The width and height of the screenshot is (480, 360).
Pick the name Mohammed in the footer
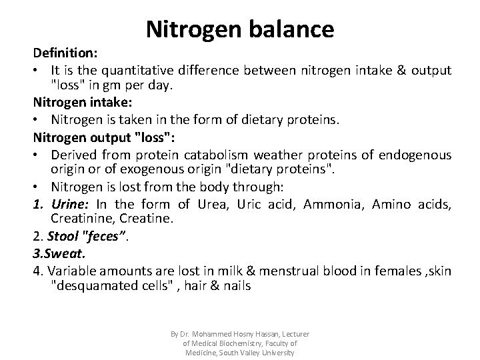click(214, 334)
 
